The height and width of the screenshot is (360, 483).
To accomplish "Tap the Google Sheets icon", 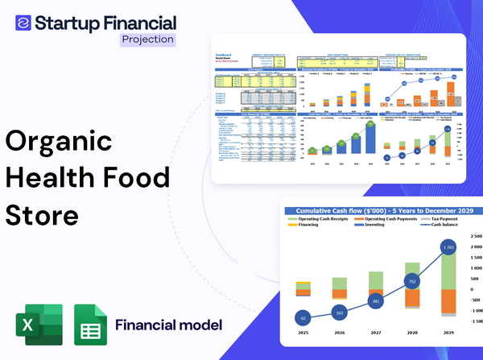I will point(90,325).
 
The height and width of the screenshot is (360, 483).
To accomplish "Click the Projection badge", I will point(147,39).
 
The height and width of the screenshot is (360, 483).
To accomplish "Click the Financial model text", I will point(168,325).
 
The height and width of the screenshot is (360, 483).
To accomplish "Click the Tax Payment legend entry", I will point(437,219).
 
